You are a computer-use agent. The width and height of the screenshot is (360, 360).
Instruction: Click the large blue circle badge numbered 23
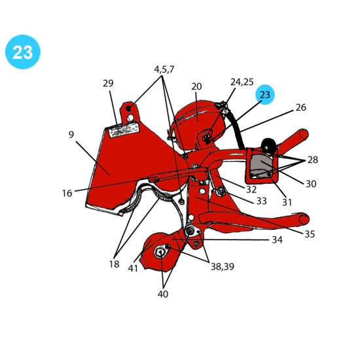point(23,52)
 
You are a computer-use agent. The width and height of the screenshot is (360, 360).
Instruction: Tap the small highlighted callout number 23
point(265,95)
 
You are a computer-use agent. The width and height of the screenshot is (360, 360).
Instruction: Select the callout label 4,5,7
point(164,69)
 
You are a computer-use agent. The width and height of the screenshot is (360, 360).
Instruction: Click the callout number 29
point(108,83)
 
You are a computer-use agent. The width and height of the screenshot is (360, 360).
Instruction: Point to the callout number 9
point(71,134)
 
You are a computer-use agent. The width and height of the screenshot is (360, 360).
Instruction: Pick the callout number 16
point(67,193)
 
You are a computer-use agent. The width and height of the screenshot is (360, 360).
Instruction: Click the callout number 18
point(114,264)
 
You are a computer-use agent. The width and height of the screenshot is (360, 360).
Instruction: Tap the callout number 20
point(196,86)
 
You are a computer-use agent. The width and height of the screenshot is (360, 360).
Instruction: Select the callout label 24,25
point(242,82)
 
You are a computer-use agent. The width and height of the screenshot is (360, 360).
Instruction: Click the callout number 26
point(301,107)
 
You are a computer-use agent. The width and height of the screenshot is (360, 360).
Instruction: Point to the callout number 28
point(312,160)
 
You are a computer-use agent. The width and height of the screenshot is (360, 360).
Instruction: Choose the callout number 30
point(311,184)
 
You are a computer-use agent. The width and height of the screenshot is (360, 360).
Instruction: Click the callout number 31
point(287,202)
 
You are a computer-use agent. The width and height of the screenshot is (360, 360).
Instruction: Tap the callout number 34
point(277,240)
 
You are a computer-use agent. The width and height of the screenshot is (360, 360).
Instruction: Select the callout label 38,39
point(223,266)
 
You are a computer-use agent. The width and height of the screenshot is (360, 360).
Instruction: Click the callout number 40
point(163,294)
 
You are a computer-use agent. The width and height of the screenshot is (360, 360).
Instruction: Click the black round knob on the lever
point(268,145)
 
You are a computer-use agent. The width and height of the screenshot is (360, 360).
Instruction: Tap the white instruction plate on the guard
point(124,130)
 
